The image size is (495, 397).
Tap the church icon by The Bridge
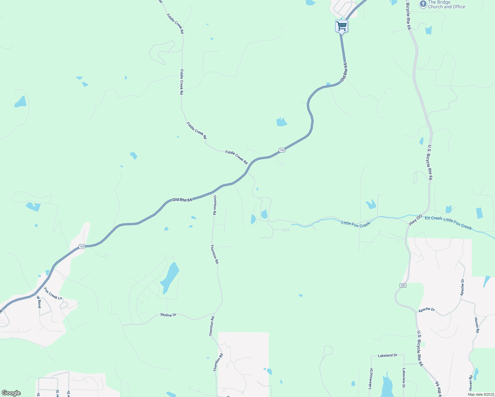pos(423,4)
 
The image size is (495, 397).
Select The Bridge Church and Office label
pos(446,4)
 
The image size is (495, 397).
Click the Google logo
pos(11,393)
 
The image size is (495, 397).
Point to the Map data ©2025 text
pos(481,394)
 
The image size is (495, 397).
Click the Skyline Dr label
pos(168,315)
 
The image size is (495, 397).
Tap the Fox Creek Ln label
pos(53,294)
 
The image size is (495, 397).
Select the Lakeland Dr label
pos(387,355)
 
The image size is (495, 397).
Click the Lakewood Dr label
pos(371,378)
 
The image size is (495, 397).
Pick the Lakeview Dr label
pos(404,378)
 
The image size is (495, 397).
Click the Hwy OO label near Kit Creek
pos(415,220)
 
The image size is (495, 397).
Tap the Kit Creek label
pos(433,218)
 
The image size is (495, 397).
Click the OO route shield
pos(403,285)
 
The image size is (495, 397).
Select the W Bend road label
pos(39,302)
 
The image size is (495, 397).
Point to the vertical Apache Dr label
pos(462,287)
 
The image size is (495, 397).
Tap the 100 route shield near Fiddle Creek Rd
pos(282,150)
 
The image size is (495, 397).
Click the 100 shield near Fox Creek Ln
pos(82,246)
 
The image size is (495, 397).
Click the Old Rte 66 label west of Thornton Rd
pos(182,200)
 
